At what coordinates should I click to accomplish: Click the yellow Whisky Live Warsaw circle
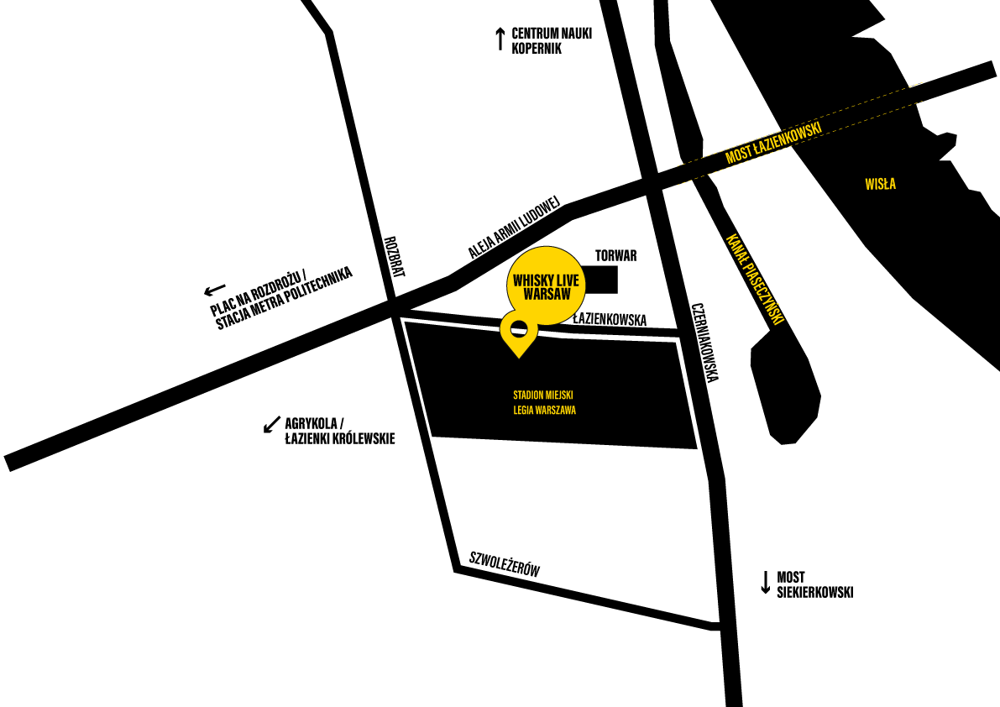[x=546, y=285]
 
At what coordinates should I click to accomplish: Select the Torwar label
[x=615, y=255]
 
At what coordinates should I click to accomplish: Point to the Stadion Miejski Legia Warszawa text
[x=544, y=402]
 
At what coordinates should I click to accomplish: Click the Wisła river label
[x=880, y=184]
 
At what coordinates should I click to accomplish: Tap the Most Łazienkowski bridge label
[x=773, y=143]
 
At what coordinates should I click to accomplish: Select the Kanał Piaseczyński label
[x=755, y=280]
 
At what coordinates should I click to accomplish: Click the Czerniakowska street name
[x=705, y=343]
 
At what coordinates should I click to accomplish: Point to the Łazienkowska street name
[x=610, y=319]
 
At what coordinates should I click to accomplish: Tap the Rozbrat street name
[x=394, y=257]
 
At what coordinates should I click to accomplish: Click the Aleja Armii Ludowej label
[x=514, y=227]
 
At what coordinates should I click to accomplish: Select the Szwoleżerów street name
[x=505, y=563]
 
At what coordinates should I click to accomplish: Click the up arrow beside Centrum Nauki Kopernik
[x=500, y=39]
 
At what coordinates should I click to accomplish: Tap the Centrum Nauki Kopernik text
[x=552, y=41]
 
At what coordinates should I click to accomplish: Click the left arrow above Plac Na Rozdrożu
[x=215, y=291]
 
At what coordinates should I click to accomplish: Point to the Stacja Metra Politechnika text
[x=285, y=299]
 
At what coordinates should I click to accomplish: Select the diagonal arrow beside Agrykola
[x=272, y=425]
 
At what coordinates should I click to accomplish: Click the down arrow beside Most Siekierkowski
[x=765, y=583]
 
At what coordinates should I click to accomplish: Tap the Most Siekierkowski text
[x=814, y=584]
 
